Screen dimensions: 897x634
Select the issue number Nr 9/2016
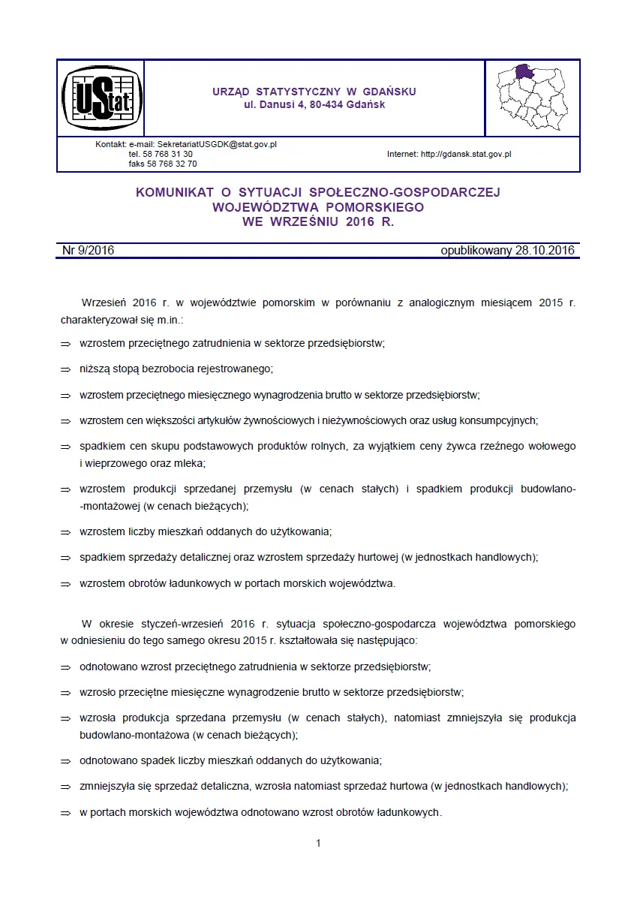[x=88, y=251]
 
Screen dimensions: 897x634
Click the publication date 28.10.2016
[x=545, y=251]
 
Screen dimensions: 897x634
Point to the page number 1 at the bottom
[x=318, y=843]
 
